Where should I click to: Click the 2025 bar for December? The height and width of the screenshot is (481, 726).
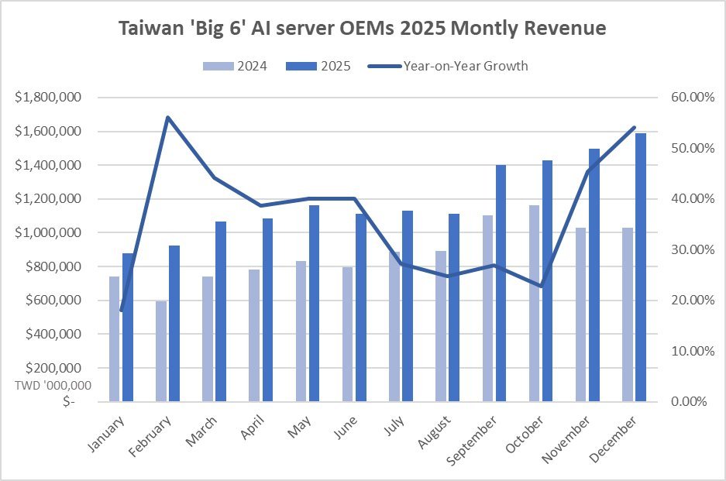click(x=641, y=267)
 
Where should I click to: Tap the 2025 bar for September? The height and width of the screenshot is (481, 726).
click(x=502, y=283)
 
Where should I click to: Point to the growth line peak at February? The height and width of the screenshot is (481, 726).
click(x=167, y=117)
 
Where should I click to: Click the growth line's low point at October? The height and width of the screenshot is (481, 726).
click(x=541, y=286)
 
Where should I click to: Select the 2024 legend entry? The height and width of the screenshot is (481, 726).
click(x=236, y=67)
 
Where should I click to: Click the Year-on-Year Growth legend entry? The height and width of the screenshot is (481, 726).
click(x=465, y=67)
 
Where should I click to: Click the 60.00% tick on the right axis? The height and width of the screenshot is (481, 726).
click(x=682, y=98)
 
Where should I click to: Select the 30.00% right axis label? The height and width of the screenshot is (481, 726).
click(x=682, y=249)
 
